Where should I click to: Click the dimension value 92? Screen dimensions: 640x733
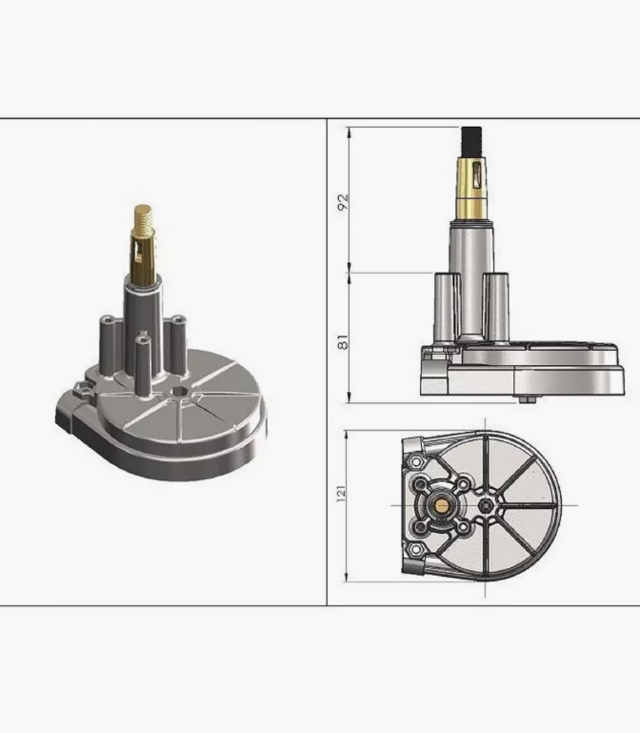coord(344,201)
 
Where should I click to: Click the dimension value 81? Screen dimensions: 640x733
coord(343,342)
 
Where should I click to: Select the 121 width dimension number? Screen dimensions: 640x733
coord(341,494)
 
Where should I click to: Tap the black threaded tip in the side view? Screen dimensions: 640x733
coord(471,141)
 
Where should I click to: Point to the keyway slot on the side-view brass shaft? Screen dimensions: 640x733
coord(476,176)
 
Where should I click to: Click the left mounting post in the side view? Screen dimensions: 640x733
coord(447,309)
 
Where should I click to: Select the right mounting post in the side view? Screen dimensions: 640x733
coord(495,309)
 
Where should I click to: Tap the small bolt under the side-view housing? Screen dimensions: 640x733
coord(529,399)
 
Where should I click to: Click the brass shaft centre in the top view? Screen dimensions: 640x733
coord(442,505)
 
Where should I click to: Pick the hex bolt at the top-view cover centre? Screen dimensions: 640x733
coord(486,505)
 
